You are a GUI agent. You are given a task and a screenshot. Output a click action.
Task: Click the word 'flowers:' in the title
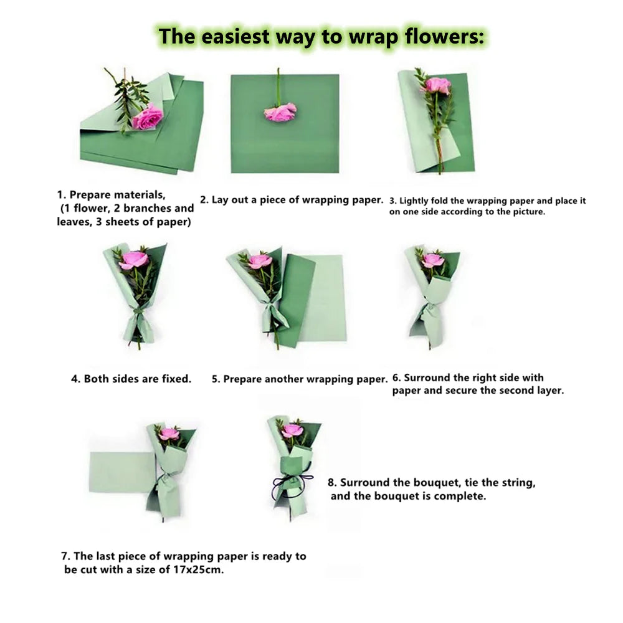pos(445,37)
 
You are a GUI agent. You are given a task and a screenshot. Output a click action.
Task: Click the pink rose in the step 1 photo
pos(148,116)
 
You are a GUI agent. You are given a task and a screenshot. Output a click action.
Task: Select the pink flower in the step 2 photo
pos(280,112)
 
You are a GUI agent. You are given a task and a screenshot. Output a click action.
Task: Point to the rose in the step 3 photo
pos(438,85)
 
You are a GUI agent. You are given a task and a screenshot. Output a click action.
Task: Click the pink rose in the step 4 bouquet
pos(134,259)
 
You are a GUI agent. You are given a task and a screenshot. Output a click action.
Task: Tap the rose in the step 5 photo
pos(260,260)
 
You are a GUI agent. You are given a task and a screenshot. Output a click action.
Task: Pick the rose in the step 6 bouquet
pos(433,260)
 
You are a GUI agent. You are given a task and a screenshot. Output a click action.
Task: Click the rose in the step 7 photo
pos(169,434)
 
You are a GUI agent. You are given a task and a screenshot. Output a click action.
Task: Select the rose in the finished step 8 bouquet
pos(292,430)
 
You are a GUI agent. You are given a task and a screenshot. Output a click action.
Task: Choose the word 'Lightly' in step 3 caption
pos(414,201)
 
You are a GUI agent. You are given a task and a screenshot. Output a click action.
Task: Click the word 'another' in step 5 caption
pos(283,379)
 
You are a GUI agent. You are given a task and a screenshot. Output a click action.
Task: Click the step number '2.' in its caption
pos(204,200)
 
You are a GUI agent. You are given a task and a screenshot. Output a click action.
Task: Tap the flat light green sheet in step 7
pos(122,472)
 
